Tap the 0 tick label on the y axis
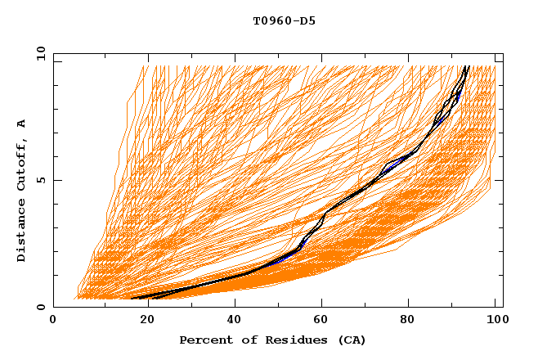(41, 308)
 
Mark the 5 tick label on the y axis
(41, 180)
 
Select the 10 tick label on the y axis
(38, 53)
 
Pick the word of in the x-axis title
(242, 340)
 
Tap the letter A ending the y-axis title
(21, 124)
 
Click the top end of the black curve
(467, 66)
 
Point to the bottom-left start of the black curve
(132, 299)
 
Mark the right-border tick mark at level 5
(500, 180)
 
